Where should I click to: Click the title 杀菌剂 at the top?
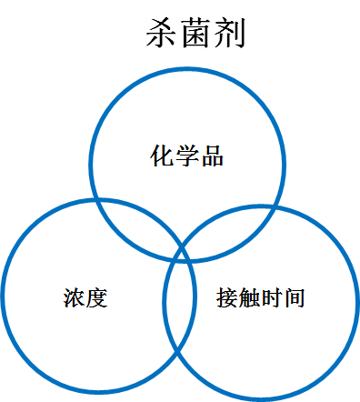195,34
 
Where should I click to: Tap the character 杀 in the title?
162,34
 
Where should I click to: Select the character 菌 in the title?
195,34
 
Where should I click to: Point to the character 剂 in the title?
228,34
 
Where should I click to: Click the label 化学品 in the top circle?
186,156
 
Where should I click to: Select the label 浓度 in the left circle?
85,297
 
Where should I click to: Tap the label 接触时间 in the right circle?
261,297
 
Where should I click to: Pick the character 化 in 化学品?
162,156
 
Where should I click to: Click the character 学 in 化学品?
186,156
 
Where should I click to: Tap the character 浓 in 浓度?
75,297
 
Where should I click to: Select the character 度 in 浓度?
97,297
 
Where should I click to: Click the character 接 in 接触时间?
227,297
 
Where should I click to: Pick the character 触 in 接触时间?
250,297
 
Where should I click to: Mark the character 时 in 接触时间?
272,297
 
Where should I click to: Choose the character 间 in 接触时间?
295,297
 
